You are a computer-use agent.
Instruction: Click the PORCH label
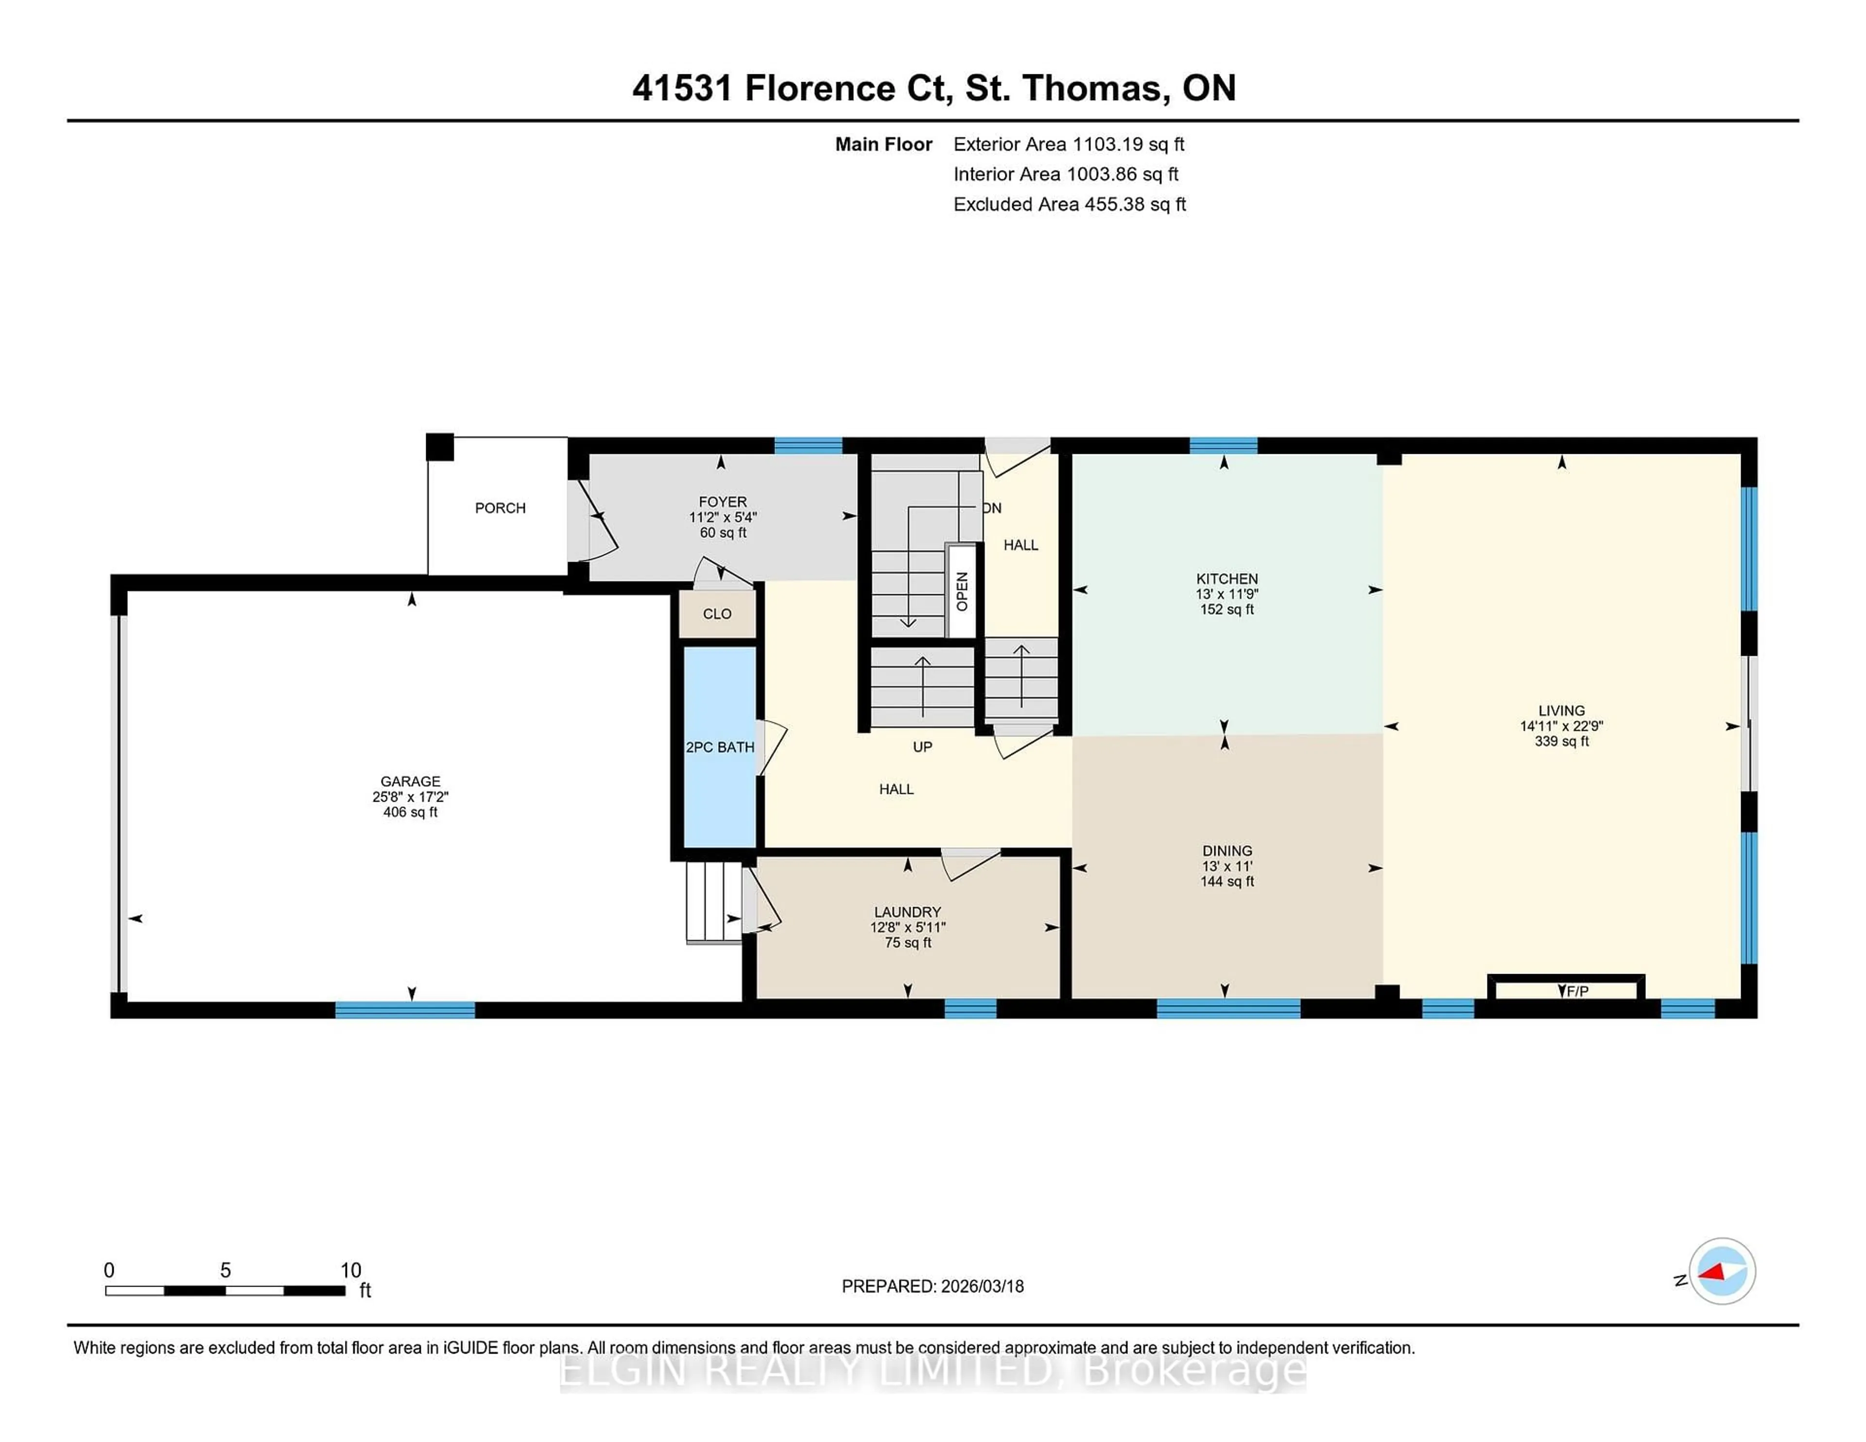pos(500,508)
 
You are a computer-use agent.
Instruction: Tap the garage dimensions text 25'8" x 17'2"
pos(410,796)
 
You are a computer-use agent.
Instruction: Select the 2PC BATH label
pos(719,748)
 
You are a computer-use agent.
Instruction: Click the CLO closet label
pos(717,614)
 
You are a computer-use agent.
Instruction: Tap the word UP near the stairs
pos(922,747)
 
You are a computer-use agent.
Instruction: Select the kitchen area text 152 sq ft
pos(1227,609)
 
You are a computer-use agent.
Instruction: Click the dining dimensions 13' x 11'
pos(1227,866)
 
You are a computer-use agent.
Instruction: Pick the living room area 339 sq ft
pos(1561,741)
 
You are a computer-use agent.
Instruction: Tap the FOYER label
pos(723,502)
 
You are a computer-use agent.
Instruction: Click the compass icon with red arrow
pos(1722,1271)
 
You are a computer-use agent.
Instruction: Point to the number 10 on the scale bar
pos(350,1270)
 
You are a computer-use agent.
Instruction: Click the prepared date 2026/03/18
pos(981,1287)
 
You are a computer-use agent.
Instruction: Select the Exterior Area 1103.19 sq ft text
pos(1069,144)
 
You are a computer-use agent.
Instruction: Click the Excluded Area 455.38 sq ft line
pos(1069,204)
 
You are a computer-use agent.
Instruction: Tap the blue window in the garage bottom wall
pos(404,1009)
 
